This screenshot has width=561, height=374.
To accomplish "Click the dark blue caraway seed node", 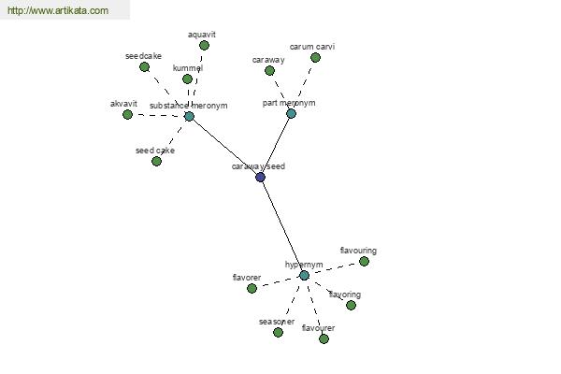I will tap(260, 177).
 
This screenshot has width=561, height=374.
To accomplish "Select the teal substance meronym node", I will tap(189, 116).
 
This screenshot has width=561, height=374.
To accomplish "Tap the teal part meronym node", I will tap(291, 113).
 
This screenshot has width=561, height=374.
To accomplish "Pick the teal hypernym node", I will tap(304, 275).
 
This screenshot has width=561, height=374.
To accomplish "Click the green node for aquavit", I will tap(204, 45).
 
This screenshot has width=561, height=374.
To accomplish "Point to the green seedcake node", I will tap(144, 66).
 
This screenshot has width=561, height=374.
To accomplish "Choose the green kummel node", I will tap(187, 79).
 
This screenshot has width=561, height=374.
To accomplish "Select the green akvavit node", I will tap(127, 114).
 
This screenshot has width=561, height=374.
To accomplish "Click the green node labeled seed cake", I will tap(156, 161).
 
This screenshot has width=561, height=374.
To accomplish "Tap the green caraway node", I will tap(269, 70).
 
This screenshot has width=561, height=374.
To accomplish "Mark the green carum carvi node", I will tap(315, 57).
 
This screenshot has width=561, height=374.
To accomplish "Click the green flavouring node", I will tap(364, 261).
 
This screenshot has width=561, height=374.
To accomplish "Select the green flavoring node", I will tap(351, 305).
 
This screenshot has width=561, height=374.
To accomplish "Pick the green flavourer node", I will tap(324, 338).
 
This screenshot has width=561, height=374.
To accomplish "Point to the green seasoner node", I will tap(278, 332).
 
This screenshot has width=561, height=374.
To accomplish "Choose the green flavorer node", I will tap(252, 288).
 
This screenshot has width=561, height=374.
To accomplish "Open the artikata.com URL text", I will tap(58, 11).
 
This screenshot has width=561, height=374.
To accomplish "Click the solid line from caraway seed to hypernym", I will tap(282, 226).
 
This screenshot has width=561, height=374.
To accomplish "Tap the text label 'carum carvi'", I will tap(312, 46).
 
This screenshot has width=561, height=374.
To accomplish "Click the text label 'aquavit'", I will tap(202, 34).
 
